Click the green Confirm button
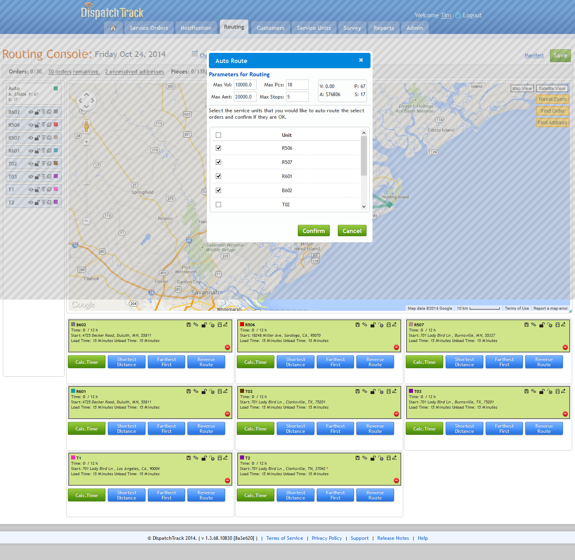(x=314, y=231)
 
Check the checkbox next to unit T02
(x=219, y=205)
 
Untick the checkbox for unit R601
(x=219, y=176)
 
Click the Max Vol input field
(x=245, y=85)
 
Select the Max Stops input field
(x=297, y=97)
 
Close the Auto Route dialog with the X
(x=361, y=60)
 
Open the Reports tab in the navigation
(x=383, y=28)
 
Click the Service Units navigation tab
(x=314, y=28)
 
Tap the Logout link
(x=472, y=15)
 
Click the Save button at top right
(x=560, y=55)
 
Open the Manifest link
(x=534, y=55)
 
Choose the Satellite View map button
(x=552, y=88)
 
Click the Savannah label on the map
(x=205, y=292)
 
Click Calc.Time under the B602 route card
(x=86, y=362)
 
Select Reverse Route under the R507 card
(x=544, y=362)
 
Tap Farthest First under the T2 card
(x=335, y=495)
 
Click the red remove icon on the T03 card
(x=565, y=414)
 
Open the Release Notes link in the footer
(x=393, y=538)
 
